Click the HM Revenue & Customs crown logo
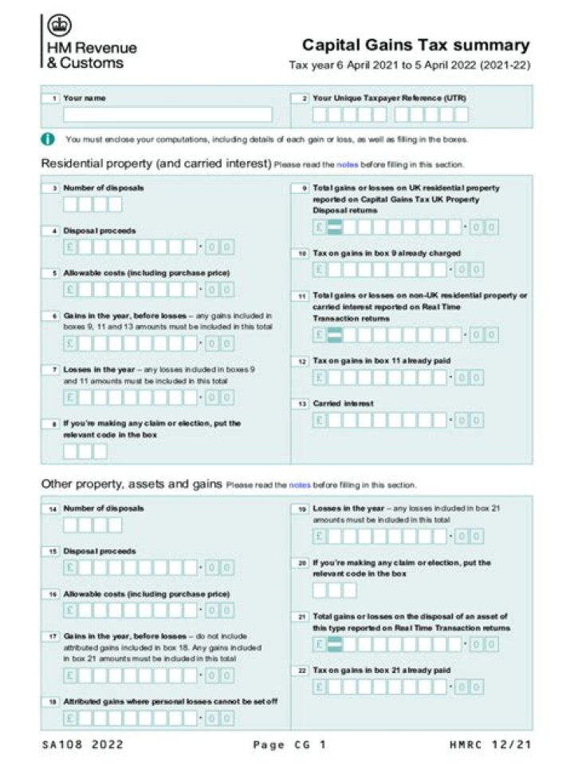coord(58,26)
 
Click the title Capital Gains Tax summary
coord(415,46)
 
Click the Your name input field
coord(167,115)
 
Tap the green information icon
coord(48,139)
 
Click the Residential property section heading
coord(155,164)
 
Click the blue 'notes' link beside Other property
coord(300,485)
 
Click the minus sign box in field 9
coord(335,228)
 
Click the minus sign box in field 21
coord(335,644)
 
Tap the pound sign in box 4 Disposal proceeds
coord(70,247)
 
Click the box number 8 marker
coord(53,424)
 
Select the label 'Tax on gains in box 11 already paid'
coord(381,361)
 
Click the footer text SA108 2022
coord(83,744)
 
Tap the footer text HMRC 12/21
coord(489,744)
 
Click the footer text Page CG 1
coord(289,744)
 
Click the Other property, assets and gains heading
coord(132,484)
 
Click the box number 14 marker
coord(53,509)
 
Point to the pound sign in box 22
coord(319,687)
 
